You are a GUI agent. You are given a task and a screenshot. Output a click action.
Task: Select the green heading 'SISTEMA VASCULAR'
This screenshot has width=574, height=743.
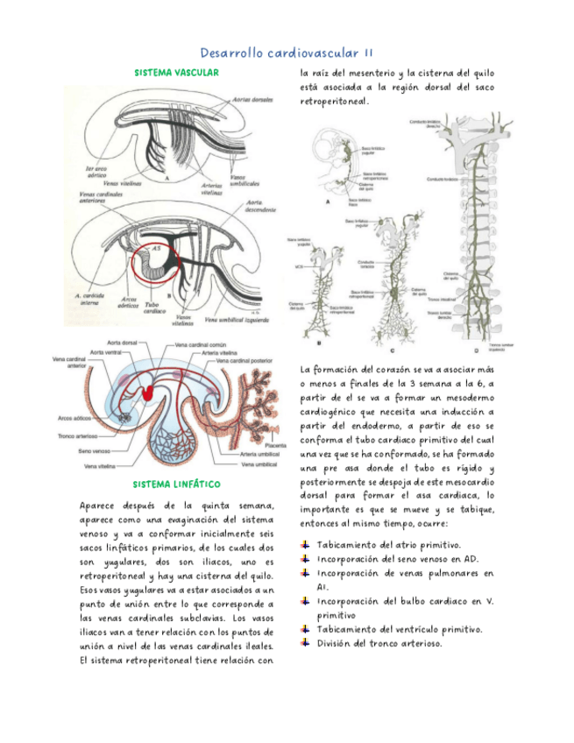click(x=176, y=73)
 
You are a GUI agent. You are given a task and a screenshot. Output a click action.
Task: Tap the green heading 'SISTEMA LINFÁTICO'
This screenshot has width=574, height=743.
click(x=176, y=484)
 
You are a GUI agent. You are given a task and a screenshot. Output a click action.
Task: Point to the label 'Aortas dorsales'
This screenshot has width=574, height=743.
click(x=253, y=101)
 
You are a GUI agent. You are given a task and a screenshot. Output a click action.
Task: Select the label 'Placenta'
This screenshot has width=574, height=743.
click(x=271, y=445)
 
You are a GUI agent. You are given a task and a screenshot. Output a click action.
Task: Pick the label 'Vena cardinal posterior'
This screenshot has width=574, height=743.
click(x=250, y=361)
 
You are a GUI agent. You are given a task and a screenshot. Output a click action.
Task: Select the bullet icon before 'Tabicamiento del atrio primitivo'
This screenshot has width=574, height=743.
click(x=306, y=545)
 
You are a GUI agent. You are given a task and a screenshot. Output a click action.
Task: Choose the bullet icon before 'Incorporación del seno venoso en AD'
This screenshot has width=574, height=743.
click(x=306, y=557)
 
